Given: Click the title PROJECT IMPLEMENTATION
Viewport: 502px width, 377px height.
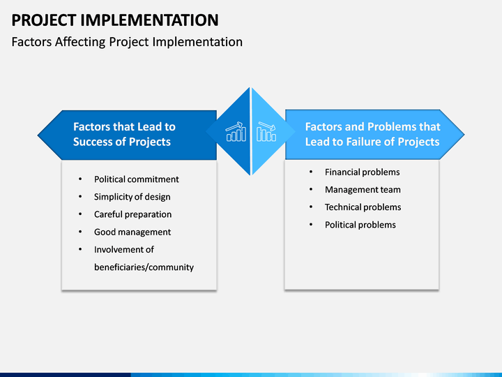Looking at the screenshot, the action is coord(115,20).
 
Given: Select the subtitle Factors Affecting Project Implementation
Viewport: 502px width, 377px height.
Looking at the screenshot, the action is coord(127,42).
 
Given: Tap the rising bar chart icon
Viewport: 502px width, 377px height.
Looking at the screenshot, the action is coord(236,131).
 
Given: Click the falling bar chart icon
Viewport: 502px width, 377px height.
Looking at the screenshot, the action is coord(266,131).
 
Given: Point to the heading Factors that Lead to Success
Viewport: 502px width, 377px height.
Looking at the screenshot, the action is coord(124,134).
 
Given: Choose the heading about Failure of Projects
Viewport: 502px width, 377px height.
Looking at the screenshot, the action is coord(372,134).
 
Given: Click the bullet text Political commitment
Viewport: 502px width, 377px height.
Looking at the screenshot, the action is coord(137,179).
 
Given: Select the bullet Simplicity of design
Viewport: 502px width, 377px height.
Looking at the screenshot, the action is coord(132,197).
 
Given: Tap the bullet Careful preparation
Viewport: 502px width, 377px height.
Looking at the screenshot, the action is coord(133,214).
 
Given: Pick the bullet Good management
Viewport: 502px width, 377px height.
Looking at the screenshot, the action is coord(132,232).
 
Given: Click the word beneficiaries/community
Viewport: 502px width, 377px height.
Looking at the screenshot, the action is coord(144,267).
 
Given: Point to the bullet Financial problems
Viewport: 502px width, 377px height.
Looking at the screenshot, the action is coord(362,172).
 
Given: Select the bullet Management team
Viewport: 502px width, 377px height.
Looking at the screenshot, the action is coord(363,190).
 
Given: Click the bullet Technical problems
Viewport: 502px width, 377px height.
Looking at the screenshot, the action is coord(363,207).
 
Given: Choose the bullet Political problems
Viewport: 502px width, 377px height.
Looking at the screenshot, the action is coord(360,225).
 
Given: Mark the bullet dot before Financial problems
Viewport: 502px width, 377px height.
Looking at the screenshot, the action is coord(311,172).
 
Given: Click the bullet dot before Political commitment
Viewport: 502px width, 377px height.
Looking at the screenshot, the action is coord(80,179).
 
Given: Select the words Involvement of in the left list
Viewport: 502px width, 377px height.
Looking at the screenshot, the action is coord(124,249).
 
